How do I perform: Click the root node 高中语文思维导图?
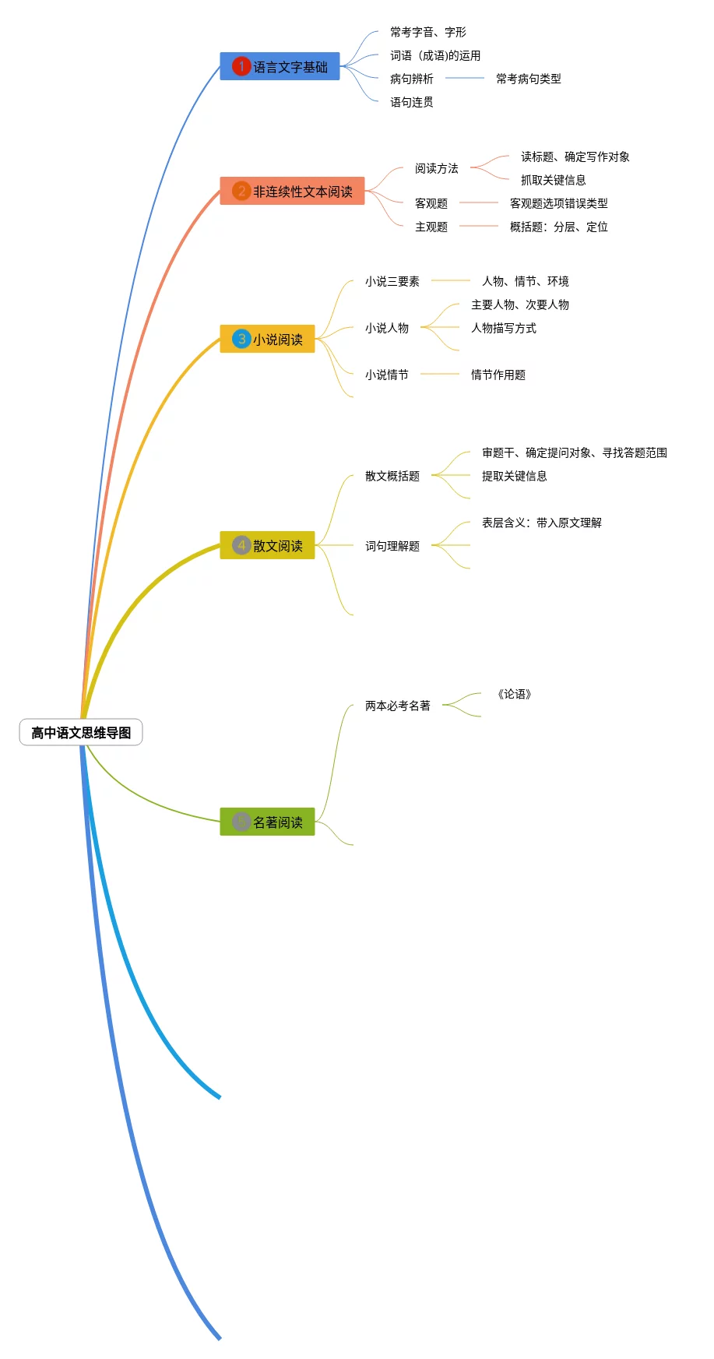point(81,732)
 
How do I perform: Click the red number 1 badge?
point(241,66)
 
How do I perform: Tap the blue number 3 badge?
point(241,339)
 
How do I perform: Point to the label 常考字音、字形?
point(428,32)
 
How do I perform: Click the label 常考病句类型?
point(528,79)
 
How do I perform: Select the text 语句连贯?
point(411,102)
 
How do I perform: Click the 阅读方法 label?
point(436,168)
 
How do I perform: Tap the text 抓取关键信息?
point(553,180)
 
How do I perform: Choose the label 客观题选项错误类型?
point(558,203)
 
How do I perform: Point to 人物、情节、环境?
point(525,281)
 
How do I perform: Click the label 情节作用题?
point(498,375)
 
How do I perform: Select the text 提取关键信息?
point(514,476)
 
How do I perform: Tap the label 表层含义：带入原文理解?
point(541,523)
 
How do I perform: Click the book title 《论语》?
point(514,694)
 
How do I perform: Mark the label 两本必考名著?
point(397,706)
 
